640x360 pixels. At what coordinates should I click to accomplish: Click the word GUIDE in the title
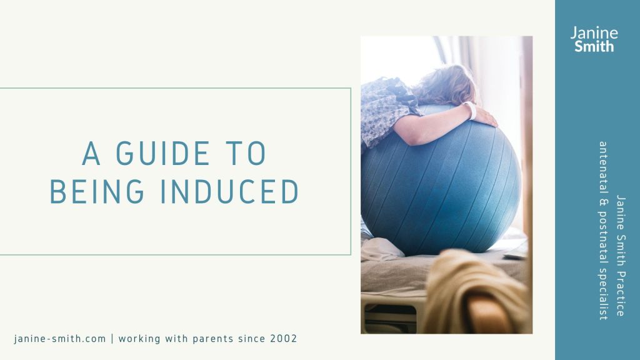(x=163, y=154)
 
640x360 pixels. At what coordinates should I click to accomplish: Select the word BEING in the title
(x=97, y=191)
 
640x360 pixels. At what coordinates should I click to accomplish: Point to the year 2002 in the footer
(x=284, y=339)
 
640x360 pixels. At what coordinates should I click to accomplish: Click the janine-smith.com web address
(x=59, y=339)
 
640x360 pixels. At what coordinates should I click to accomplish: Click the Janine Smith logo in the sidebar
(x=594, y=39)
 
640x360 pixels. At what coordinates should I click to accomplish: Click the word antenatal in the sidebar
(x=603, y=167)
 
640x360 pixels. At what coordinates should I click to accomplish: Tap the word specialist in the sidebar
(x=603, y=294)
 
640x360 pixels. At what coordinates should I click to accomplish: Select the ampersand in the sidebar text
(x=603, y=202)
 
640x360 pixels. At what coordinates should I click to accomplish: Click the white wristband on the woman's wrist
(x=471, y=110)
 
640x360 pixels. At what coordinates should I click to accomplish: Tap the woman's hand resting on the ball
(x=486, y=117)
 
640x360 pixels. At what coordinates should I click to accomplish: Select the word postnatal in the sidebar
(x=603, y=237)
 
